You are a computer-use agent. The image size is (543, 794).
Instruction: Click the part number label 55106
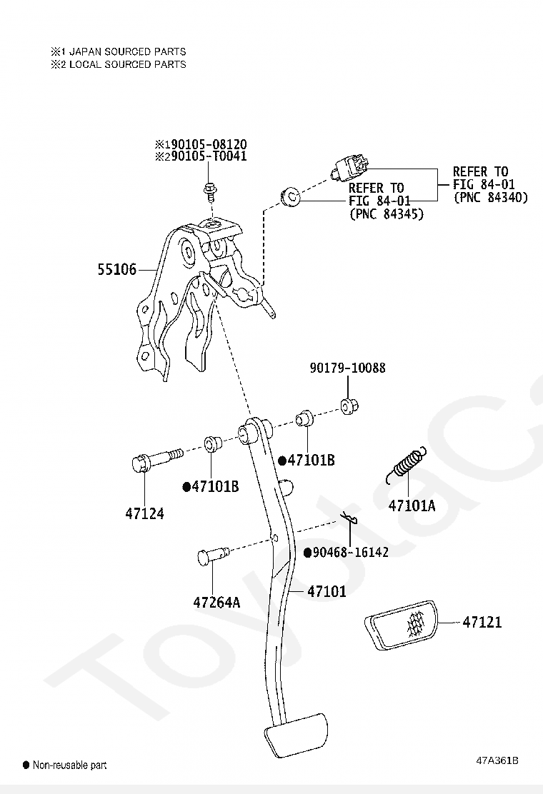(x=117, y=269)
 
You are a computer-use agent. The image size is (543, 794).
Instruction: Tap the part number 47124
(x=145, y=513)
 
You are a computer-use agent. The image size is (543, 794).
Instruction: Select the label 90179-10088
(x=347, y=368)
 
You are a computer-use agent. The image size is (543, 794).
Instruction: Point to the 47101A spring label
(x=412, y=506)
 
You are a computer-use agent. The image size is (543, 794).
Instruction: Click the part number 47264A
(x=216, y=602)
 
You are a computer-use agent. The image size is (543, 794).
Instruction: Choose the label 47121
(x=482, y=622)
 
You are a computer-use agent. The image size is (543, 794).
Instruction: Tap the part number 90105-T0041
(x=209, y=156)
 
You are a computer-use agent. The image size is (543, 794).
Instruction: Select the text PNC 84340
(x=490, y=197)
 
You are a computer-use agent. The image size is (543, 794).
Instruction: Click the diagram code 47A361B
(x=497, y=760)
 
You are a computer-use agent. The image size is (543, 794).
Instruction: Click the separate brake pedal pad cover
(x=400, y=624)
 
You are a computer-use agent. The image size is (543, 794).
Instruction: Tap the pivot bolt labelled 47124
(x=156, y=459)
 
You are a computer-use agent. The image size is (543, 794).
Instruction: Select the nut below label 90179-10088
(x=349, y=406)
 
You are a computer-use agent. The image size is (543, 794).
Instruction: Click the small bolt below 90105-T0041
(x=209, y=191)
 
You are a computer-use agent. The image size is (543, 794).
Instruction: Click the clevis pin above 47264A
(x=213, y=555)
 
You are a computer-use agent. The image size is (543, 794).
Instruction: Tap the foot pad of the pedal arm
(x=296, y=735)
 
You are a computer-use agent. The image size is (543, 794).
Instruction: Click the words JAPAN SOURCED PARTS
(x=128, y=51)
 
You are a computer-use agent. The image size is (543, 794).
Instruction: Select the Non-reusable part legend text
(x=69, y=765)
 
